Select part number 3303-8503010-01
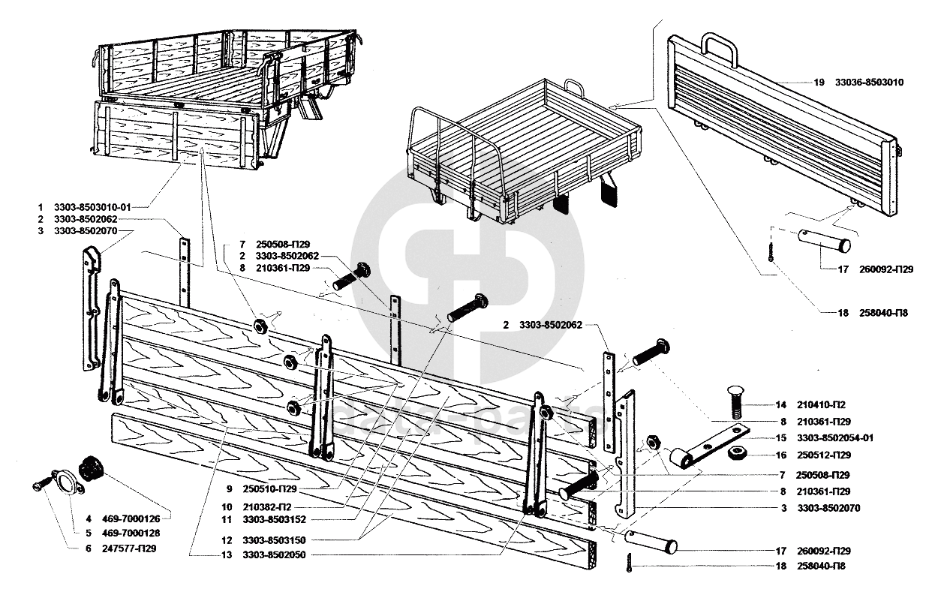tap(96, 206)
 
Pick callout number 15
tap(781, 438)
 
